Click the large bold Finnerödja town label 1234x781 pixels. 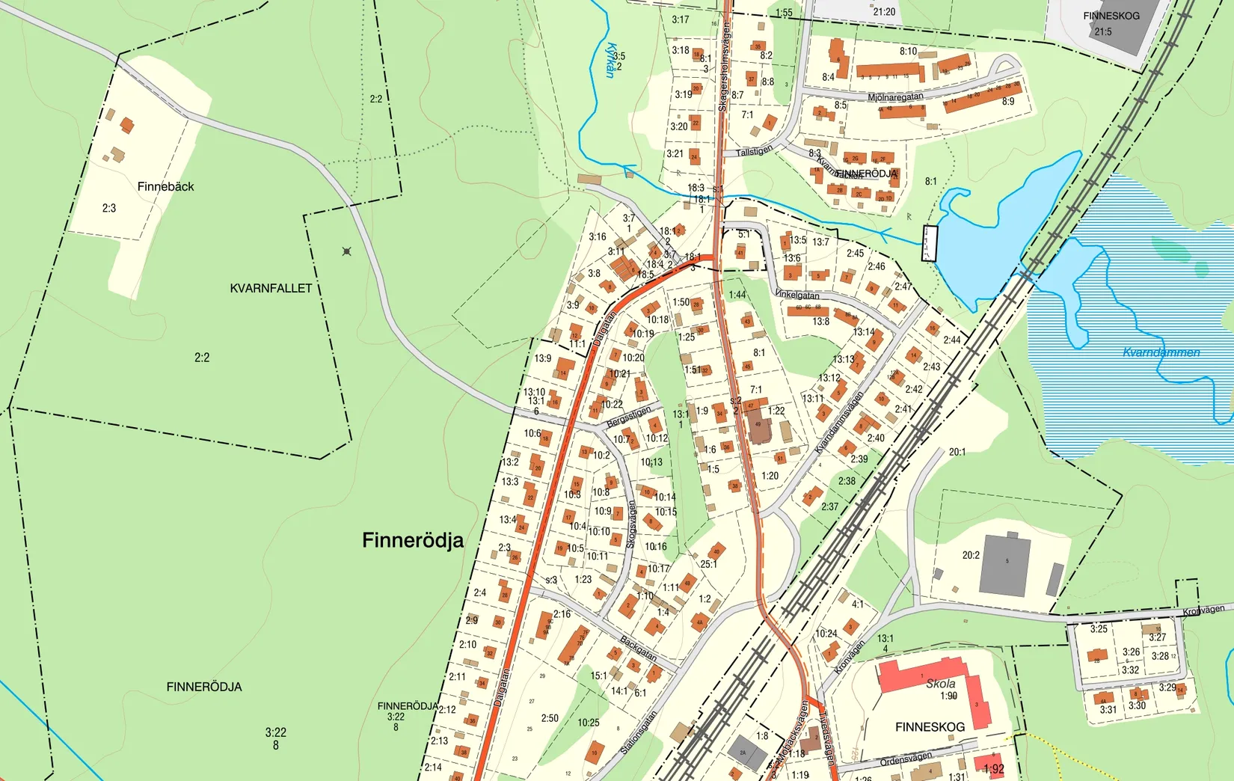pos(412,540)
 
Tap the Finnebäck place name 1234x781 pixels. pos(165,186)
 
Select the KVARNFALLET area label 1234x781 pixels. pos(271,288)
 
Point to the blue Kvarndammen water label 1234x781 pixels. pos(1161,352)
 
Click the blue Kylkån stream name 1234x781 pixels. pos(613,59)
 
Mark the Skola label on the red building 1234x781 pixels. pos(940,683)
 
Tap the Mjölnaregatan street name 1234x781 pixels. pos(895,97)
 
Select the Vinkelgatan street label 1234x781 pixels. pos(797,295)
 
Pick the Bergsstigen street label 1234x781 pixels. pos(628,417)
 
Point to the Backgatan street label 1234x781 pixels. pos(638,648)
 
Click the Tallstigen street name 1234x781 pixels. pos(754,151)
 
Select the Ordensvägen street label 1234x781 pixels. pos(906,760)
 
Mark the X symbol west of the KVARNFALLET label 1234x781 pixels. pos(346,251)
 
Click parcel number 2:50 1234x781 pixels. pos(550,718)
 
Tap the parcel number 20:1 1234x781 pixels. pos(957,452)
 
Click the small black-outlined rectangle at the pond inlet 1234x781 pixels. pos(929,243)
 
